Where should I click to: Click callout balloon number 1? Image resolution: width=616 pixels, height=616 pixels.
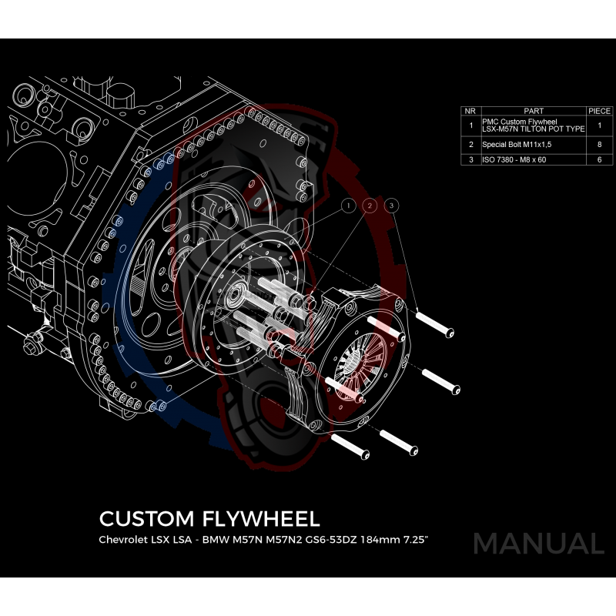click(348, 206)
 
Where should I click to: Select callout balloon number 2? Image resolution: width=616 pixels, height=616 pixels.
click(370, 206)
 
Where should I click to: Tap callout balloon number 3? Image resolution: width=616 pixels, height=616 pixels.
click(392, 206)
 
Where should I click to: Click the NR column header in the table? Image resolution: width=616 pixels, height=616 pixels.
click(470, 111)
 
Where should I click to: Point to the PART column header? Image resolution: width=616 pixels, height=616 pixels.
click(533, 111)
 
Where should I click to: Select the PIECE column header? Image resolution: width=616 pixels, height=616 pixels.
click(599, 111)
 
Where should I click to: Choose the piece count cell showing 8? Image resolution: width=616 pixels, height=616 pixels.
click(599, 144)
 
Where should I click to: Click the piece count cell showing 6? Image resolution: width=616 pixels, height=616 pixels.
click(599, 159)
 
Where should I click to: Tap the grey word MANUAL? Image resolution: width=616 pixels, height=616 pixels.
click(538, 544)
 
